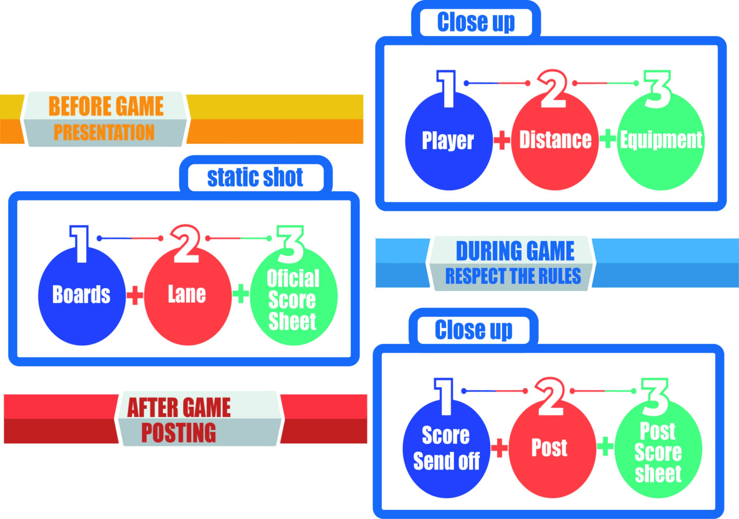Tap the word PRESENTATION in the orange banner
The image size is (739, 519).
click(104, 132)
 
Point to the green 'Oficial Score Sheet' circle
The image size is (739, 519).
click(293, 300)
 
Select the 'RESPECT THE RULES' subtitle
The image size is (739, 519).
click(513, 276)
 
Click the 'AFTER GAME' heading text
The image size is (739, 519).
click(179, 408)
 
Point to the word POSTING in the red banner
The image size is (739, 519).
click(179, 433)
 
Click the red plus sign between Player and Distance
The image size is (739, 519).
click(502, 140)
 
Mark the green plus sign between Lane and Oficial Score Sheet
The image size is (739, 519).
click(240, 294)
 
